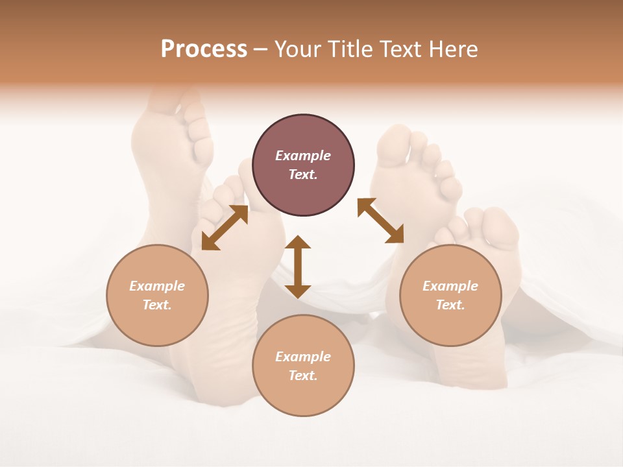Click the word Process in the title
coord(204,49)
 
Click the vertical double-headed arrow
coord(298,267)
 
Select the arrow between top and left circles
coord(225,227)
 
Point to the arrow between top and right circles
coord(380,221)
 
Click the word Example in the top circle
coord(303,156)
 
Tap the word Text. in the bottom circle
coord(303,376)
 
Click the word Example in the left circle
coord(157,286)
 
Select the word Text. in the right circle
coord(450,305)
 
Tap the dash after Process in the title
coord(260,50)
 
